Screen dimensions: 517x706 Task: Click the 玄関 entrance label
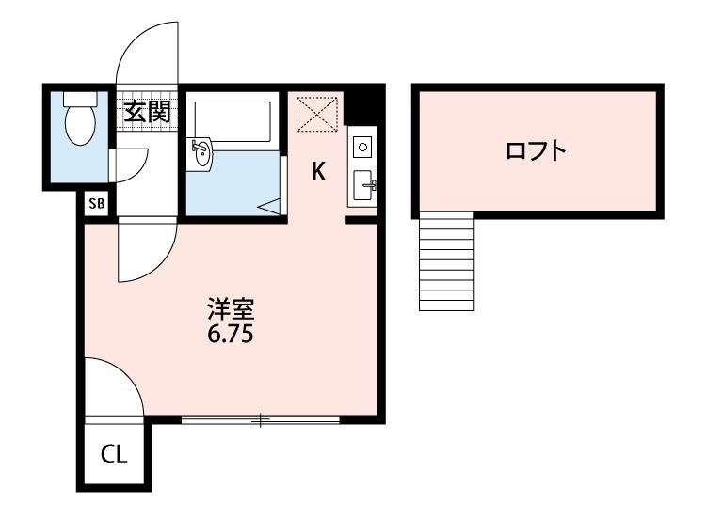[147, 113]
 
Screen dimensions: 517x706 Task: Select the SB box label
[96, 202]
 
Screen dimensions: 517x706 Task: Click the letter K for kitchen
[318, 171]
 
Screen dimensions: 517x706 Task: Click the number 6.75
[231, 334]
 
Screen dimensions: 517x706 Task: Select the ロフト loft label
[537, 150]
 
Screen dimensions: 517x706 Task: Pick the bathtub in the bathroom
[233, 122]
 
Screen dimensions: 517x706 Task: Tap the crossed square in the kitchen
[314, 114]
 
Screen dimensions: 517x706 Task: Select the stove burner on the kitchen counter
[362, 148]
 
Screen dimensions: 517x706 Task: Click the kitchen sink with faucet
[362, 185]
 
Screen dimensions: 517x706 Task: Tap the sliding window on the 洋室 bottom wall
[260, 420]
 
